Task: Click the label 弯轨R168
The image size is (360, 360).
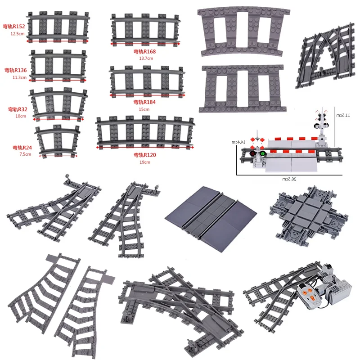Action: click(145, 52)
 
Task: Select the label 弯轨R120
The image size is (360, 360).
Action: click(144, 155)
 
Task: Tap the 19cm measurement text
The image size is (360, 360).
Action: click(144, 162)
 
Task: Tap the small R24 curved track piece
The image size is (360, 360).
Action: click(57, 141)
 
